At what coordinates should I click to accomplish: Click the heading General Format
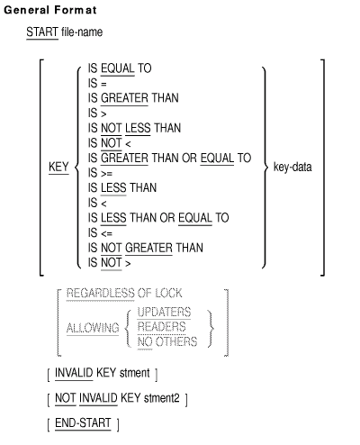(x=50, y=10)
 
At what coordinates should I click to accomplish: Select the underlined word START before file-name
(x=42, y=32)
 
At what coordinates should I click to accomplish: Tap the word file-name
(x=82, y=32)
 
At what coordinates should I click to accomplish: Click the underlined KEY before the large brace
(x=58, y=167)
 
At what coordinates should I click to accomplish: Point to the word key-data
(x=292, y=167)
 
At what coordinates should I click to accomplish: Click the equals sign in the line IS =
(x=103, y=85)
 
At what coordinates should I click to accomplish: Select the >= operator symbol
(x=106, y=174)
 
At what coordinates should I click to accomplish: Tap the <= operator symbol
(x=106, y=233)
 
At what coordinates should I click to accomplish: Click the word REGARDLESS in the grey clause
(x=100, y=293)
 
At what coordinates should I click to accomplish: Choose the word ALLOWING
(x=93, y=328)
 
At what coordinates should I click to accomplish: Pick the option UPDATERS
(x=164, y=313)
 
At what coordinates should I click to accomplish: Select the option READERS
(x=162, y=327)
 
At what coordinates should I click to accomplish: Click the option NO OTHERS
(x=167, y=341)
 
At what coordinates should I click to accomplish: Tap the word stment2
(x=162, y=398)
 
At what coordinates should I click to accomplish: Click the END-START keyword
(x=83, y=422)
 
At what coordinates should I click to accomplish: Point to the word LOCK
(x=168, y=293)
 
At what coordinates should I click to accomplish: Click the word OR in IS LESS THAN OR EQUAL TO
(x=167, y=218)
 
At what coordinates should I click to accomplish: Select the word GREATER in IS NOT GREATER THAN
(x=148, y=248)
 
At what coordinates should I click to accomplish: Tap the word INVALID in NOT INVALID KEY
(x=98, y=398)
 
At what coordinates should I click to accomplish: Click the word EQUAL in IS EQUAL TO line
(x=118, y=68)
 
